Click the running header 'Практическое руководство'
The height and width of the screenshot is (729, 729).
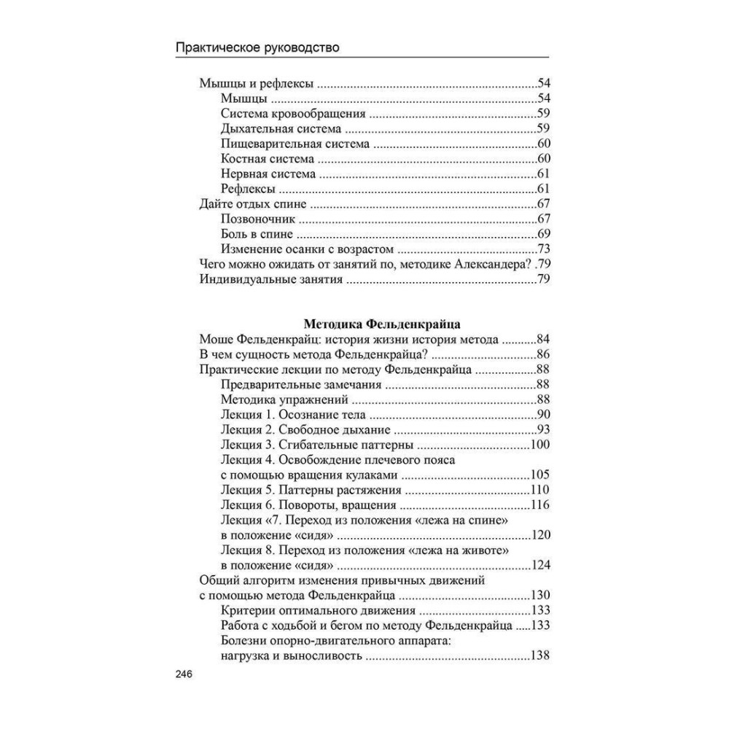259,49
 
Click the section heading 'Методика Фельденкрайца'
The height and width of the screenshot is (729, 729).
374,321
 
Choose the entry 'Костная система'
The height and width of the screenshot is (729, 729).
267,159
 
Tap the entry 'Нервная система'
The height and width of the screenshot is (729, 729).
268,174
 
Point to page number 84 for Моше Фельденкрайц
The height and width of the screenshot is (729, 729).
542,340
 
